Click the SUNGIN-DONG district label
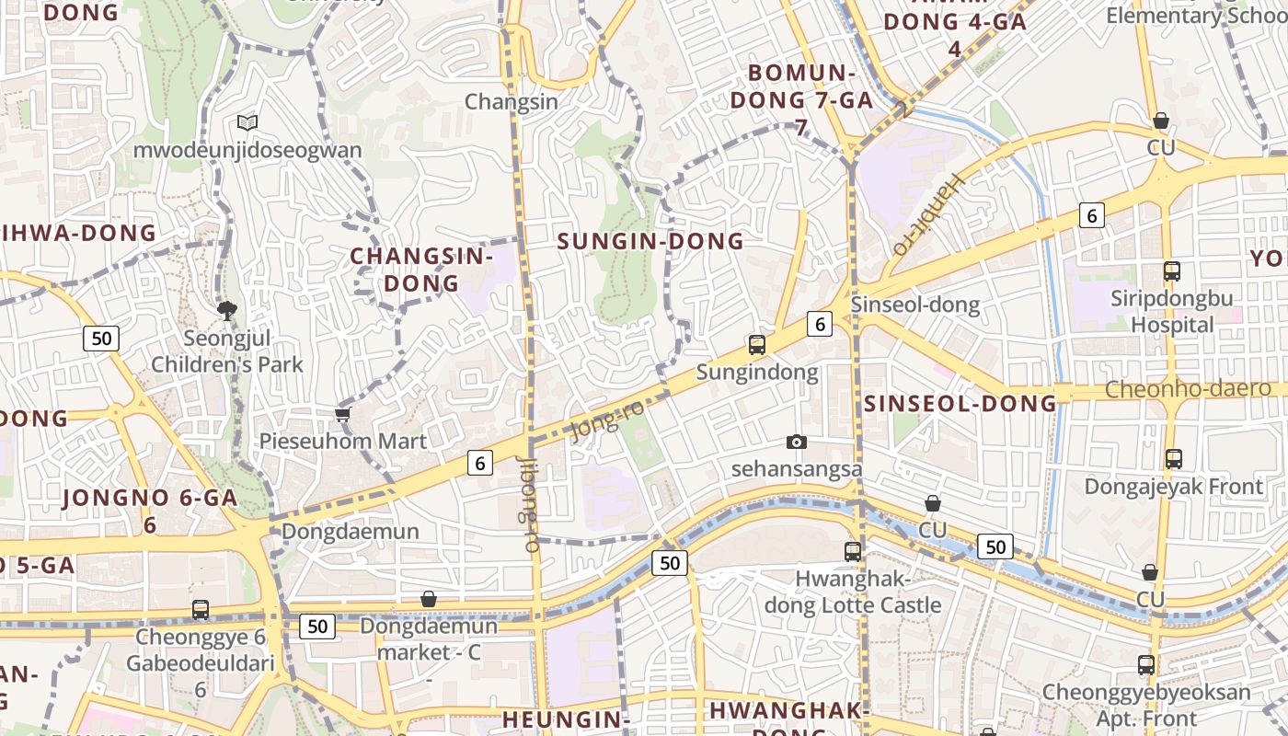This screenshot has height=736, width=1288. click(x=650, y=241)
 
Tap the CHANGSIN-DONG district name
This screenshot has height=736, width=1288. click(x=421, y=269)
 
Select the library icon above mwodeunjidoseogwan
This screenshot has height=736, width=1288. click(x=247, y=122)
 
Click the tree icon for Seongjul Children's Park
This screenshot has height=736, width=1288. click(x=226, y=310)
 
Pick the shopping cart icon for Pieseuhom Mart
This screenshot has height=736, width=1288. click(x=343, y=415)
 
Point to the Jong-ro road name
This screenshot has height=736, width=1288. click(x=608, y=422)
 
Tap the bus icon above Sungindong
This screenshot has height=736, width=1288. click(x=756, y=345)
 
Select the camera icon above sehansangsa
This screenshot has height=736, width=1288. click(x=797, y=443)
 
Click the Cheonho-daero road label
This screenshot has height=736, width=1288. click(x=1188, y=388)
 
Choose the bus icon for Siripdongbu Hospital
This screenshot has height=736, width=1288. click(x=1171, y=271)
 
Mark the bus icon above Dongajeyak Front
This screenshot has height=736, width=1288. click(x=1173, y=458)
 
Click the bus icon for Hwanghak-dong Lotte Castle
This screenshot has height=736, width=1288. click(x=853, y=552)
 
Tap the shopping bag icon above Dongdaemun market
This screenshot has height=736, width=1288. click(x=428, y=600)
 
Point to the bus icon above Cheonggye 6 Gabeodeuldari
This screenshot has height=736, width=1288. click(x=200, y=609)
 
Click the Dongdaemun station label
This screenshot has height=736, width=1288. click(x=350, y=532)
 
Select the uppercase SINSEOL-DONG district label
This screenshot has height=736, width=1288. click(x=960, y=403)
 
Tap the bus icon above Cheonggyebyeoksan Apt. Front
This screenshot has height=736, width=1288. click(x=1145, y=664)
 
